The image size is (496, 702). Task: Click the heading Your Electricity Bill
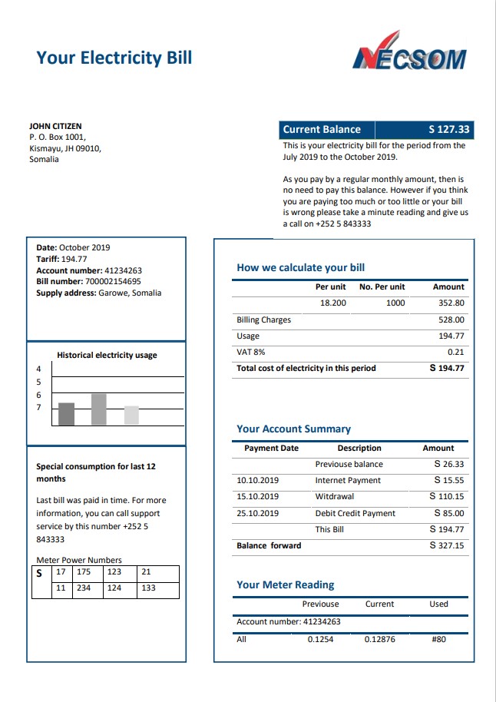click(114, 58)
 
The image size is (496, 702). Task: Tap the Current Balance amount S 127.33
click(448, 130)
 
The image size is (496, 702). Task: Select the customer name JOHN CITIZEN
click(55, 126)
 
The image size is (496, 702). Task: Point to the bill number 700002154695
click(112, 281)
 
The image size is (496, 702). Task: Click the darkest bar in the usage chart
click(67, 413)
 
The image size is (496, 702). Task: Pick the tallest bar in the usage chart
click(98, 409)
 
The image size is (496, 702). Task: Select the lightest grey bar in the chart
click(131, 415)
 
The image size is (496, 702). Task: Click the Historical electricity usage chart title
click(107, 355)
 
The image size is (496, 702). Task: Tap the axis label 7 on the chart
click(38, 407)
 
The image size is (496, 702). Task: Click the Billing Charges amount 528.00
click(451, 320)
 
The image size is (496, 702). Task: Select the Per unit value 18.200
click(333, 303)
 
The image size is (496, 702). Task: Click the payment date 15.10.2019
click(257, 496)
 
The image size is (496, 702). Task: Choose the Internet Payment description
click(348, 480)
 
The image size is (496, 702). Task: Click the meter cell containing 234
click(83, 588)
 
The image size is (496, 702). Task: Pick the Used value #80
click(438, 639)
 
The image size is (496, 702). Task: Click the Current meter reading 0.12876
click(379, 639)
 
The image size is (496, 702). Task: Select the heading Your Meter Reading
click(286, 584)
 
